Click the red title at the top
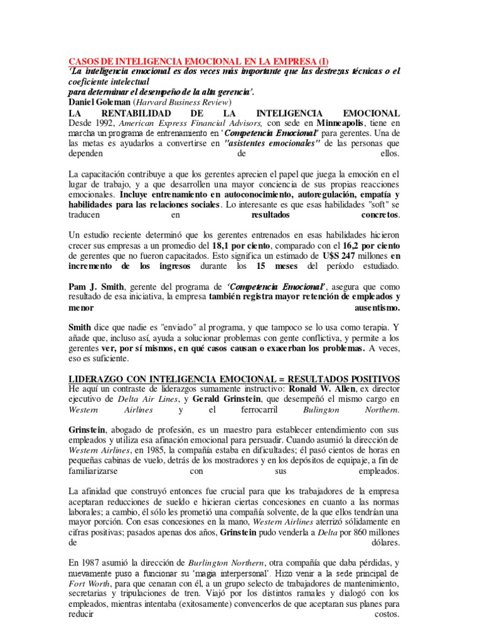198,62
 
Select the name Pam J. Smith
95,287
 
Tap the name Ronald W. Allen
368,390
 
